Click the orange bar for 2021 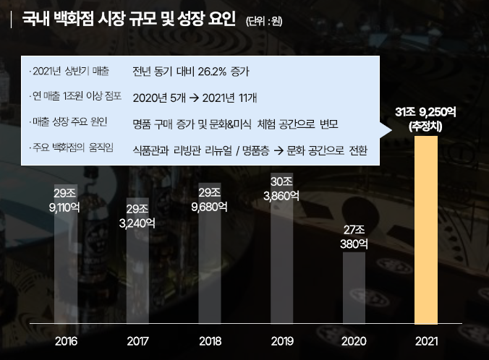[x=426, y=231]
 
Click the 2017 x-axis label [x=137, y=340]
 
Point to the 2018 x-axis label [x=210, y=340]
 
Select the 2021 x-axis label [x=426, y=340]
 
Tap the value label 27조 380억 [x=354, y=236]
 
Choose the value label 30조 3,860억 [x=281, y=188]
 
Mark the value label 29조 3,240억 [x=137, y=216]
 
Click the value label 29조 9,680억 [x=210, y=200]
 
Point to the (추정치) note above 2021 [x=426, y=127]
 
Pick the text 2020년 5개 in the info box [x=156, y=97]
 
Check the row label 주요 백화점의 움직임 [x=73, y=149]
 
